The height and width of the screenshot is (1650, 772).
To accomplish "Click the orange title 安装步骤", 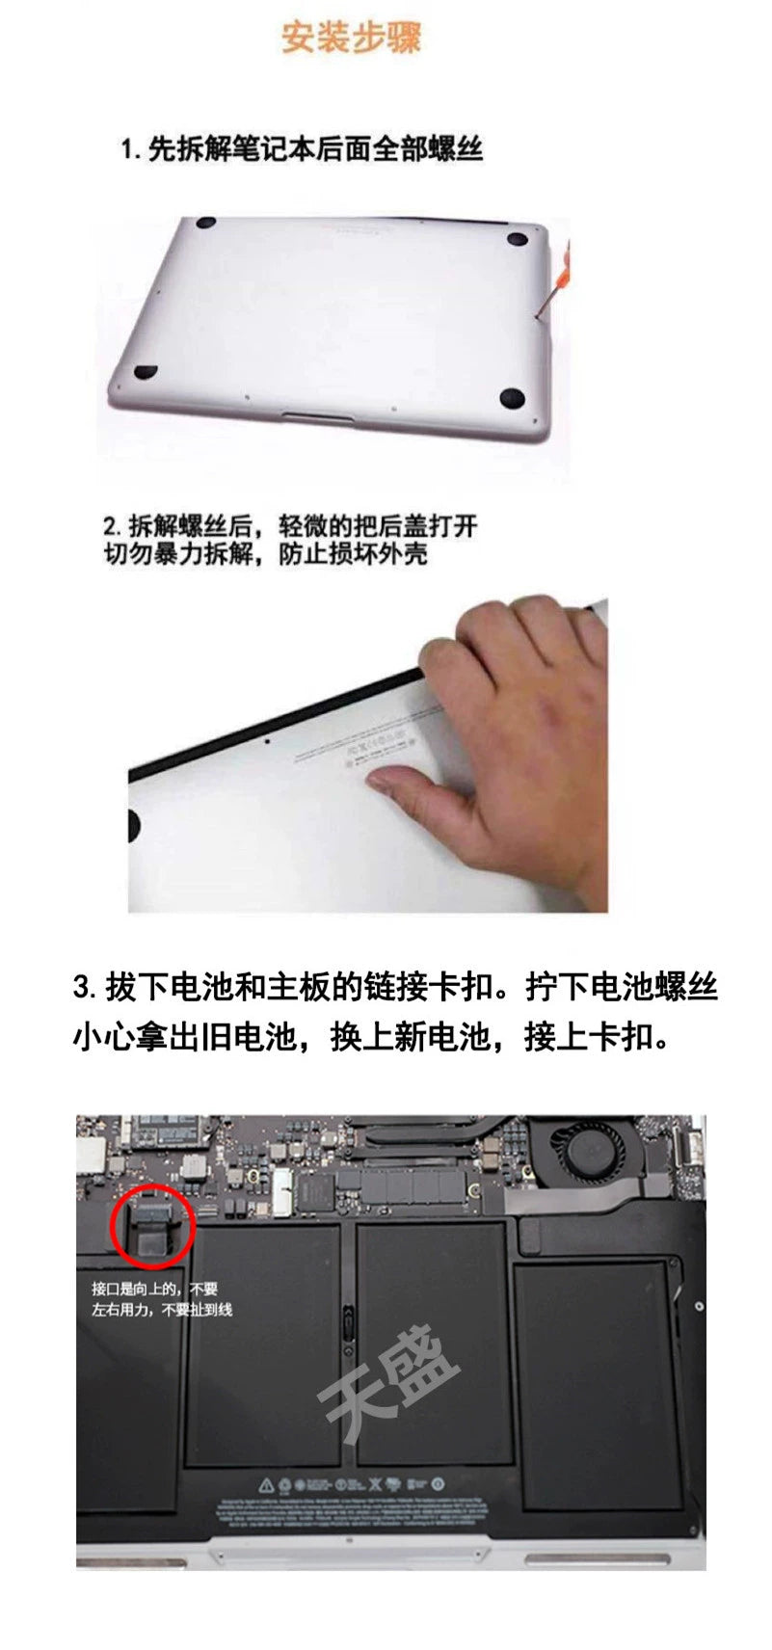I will coord(351,38).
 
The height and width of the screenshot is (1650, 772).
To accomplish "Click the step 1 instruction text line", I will coord(302,149).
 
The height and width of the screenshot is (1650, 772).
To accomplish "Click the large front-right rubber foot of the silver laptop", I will coord(512,396).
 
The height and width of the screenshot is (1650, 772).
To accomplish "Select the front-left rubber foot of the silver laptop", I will coord(146,370).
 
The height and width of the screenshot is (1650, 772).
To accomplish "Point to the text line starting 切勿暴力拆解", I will coord(266,555).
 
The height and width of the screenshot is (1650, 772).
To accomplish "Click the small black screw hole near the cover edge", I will coord(267,742).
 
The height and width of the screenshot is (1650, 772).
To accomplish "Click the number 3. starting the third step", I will coord(85,987).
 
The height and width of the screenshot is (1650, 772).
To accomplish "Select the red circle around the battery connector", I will coord(153,1225).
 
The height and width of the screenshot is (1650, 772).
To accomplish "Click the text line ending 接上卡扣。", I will coord(371,1038).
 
